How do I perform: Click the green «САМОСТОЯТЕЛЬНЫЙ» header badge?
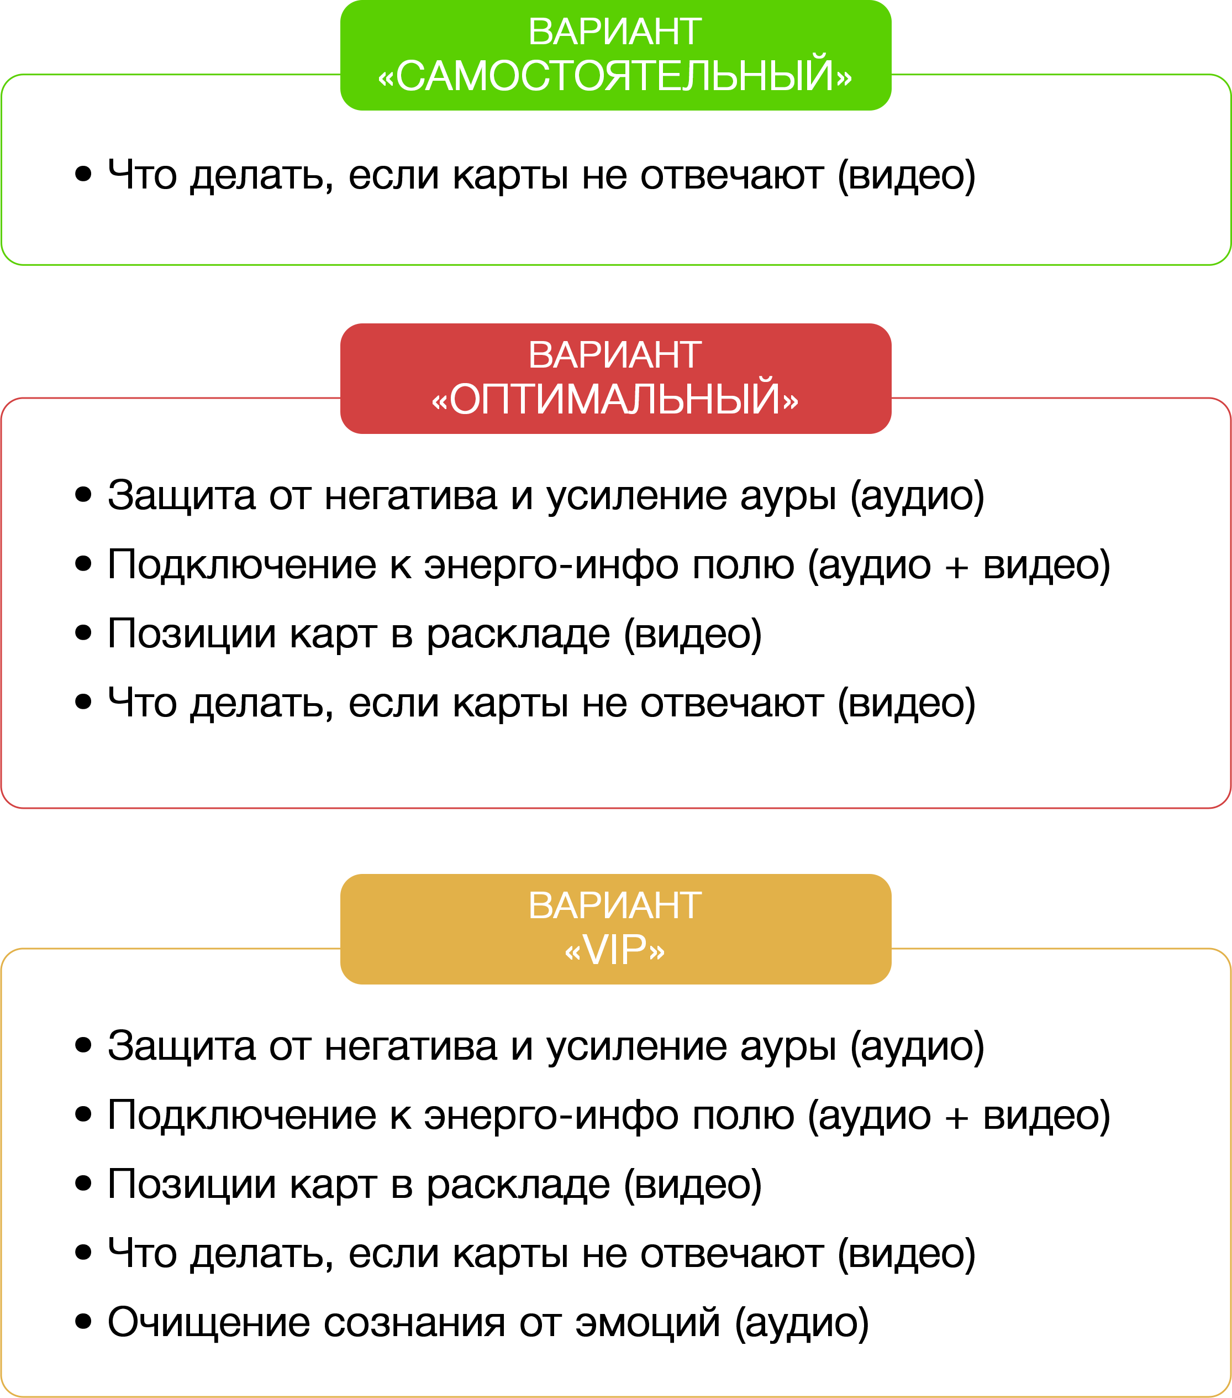point(615,55)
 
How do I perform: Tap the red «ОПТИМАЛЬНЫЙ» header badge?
point(615,378)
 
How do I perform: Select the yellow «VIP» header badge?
point(615,929)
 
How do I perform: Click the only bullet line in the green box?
point(540,175)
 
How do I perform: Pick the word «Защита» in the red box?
point(181,495)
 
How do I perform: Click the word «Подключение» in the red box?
point(242,565)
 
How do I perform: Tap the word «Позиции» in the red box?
point(192,633)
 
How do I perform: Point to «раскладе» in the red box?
point(518,635)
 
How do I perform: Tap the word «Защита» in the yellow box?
point(181,1046)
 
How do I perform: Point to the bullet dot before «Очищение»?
point(83,1322)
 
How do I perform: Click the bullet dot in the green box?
point(83,174)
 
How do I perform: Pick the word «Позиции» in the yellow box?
point(192,1184)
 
